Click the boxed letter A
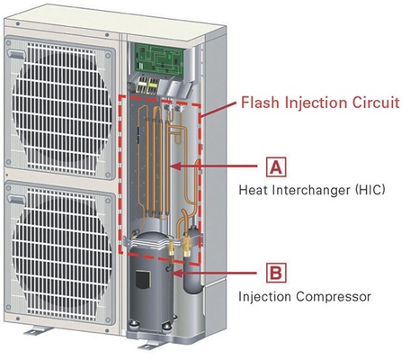point(276,166)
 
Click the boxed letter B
point(276,273)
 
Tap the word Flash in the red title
point(261,103)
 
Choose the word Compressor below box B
point(334,297)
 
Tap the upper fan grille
point(61,109)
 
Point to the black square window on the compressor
point(143,279)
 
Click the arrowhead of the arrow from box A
point(176,166)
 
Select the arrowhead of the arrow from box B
point(177,273)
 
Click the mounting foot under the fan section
point(38,330)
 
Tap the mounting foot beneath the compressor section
point(151,346)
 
